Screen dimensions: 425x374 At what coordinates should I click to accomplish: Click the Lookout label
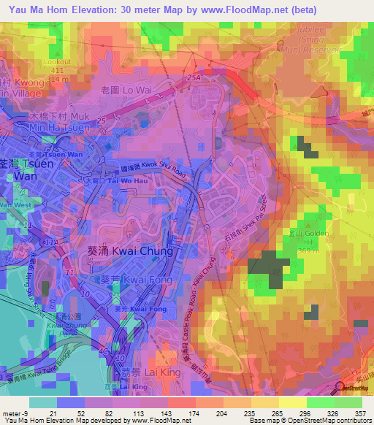click(58, 62)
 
